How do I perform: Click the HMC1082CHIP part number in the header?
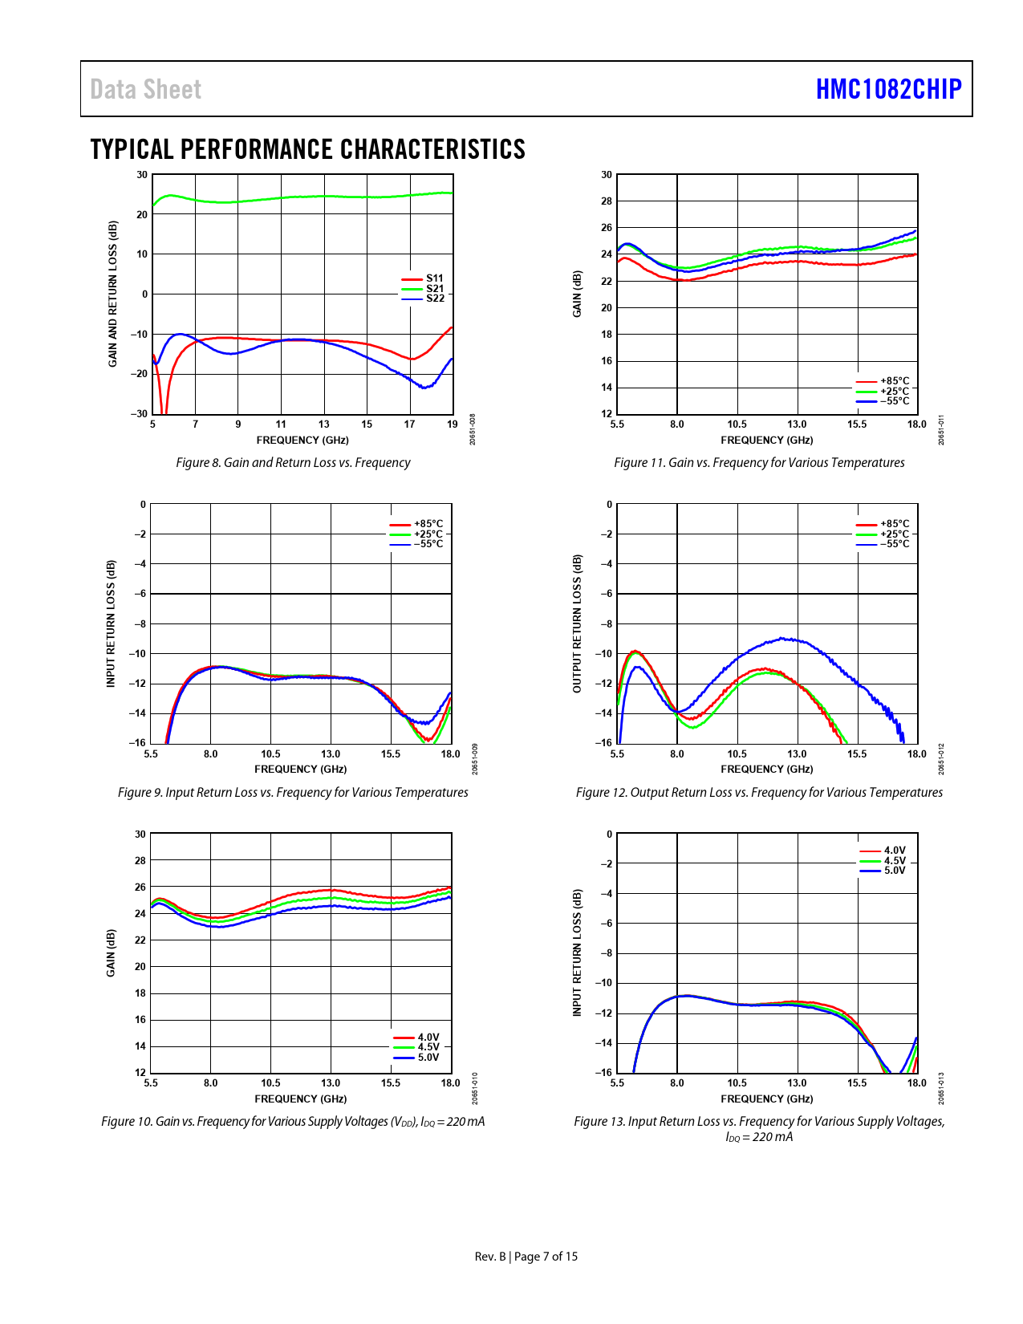[x=888, y=89]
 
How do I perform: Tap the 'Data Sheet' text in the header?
[x=145, y=89]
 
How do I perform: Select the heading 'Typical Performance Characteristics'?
[x=307, y=149]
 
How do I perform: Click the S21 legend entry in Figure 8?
[x=434, y=289]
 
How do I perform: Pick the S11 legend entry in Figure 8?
[x=434, y=278]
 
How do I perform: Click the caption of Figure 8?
[x=293, y=463]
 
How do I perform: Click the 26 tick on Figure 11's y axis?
[x=607, y=228]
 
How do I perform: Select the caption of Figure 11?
[x=759, y=463]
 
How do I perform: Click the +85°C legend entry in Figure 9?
[x=428, y=524]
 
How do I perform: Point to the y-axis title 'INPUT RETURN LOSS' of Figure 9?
[x=112, y=623]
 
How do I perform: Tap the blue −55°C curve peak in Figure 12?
[x=782, y=639]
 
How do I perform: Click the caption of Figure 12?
[x=759, y=793]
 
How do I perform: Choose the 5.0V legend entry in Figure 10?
[x=428, y=1058]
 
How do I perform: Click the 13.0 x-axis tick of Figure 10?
[x=331, y=1083]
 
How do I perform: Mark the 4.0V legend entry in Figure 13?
[x=894, y=851]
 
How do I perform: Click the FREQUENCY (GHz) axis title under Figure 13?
[x=766, y=1099]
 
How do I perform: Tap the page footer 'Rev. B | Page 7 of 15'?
[x=526, y=1257]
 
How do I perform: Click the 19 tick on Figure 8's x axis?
[x=453, y=424]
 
